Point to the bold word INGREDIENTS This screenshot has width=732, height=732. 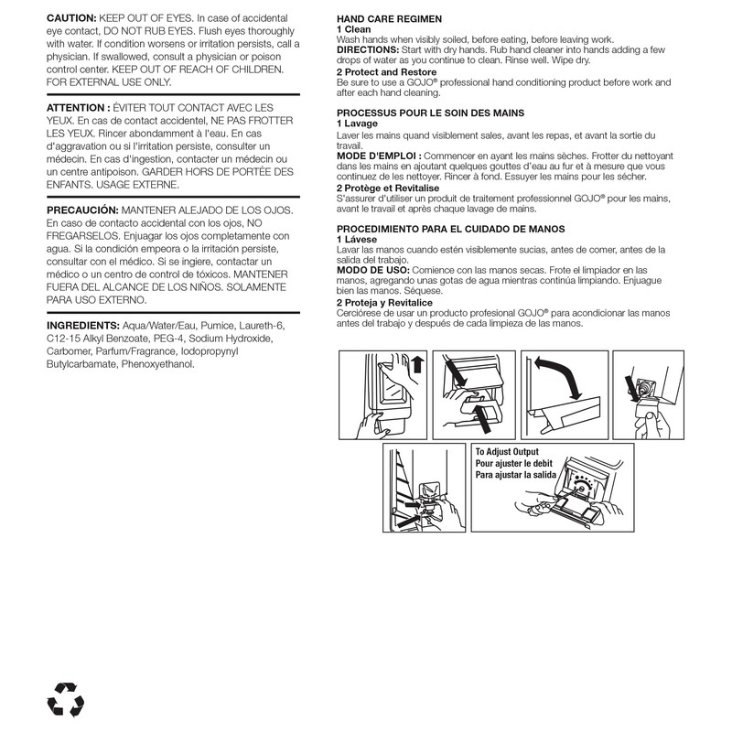[83, 326]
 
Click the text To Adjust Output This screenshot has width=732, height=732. [506, 452]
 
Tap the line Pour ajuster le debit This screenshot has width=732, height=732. [512, 464]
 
